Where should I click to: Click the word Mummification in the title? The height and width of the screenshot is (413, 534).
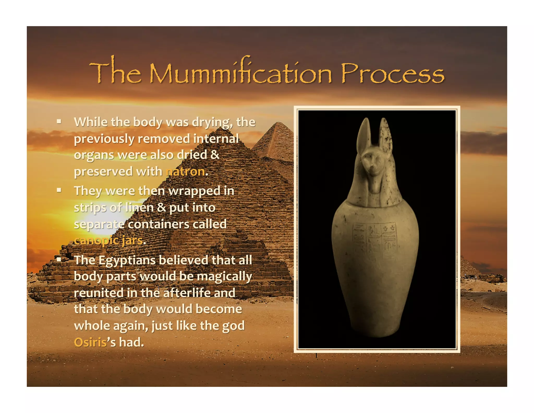(240, 74)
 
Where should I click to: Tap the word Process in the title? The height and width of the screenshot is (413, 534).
(392, 74)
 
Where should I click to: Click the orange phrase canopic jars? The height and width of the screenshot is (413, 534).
(108, 240)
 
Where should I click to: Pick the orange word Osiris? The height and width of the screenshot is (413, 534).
(90, 342)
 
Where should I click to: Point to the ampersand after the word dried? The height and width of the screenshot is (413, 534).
(215, 155)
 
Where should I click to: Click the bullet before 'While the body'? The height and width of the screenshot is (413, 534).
(59, 121)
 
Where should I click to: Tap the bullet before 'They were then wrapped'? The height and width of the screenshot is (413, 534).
(59, 190)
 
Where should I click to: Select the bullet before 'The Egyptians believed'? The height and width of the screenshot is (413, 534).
(59, 259)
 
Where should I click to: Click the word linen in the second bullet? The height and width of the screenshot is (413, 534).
(139, 208)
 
